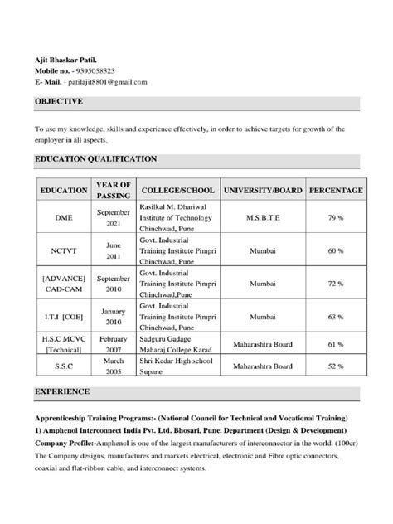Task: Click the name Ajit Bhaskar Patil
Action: [65, 61]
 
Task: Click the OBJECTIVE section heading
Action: [58, 101]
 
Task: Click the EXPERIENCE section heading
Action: [62, 390]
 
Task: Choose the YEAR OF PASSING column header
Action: [114, 189]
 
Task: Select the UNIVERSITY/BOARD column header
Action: [263, 190]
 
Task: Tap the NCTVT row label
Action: [64, 250]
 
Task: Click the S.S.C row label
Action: [64, 365]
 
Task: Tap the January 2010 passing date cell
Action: [114, 316]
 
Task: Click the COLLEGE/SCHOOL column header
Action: [177, 190]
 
